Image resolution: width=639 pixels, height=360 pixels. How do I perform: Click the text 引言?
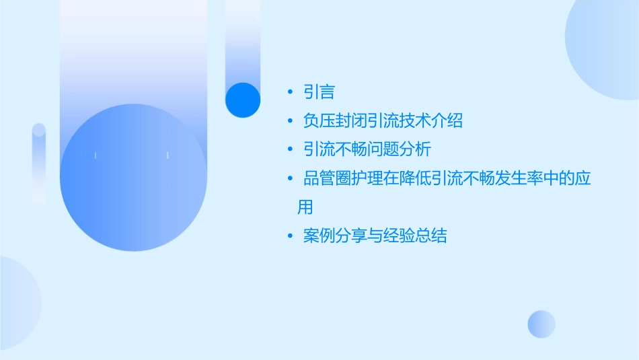pyautogui.click(x=319, y=92)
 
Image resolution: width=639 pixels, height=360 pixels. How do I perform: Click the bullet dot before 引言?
pyautogui.click(x=290, y=92)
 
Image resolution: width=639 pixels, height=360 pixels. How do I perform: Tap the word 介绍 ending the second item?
pyautogui.click(x=447, y=121)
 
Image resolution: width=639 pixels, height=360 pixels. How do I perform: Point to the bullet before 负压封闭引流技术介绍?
pyautogui.click(x=290, y=121)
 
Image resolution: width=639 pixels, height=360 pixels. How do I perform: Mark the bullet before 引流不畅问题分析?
pyautogui.click(x=290, y=149)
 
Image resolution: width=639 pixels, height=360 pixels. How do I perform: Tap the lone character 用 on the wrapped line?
pyautogui.click(x=305, y=207)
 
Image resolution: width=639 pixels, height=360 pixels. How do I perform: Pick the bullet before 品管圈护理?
pyautogui.click(x=290, y=178)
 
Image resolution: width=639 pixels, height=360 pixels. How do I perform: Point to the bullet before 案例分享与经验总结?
pyautogui.click(x=290, y=236)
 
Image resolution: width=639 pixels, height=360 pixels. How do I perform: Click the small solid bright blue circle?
pyautogui.click(x=243, y=100)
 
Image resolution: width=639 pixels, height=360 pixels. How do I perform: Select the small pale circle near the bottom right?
pyautogui.click(x=541, y=324)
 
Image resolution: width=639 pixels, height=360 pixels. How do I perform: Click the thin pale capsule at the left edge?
pyautogui.click(x=39, y=163)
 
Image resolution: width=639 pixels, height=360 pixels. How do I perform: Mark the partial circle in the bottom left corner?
pyautogui.click(x=17, y=303)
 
